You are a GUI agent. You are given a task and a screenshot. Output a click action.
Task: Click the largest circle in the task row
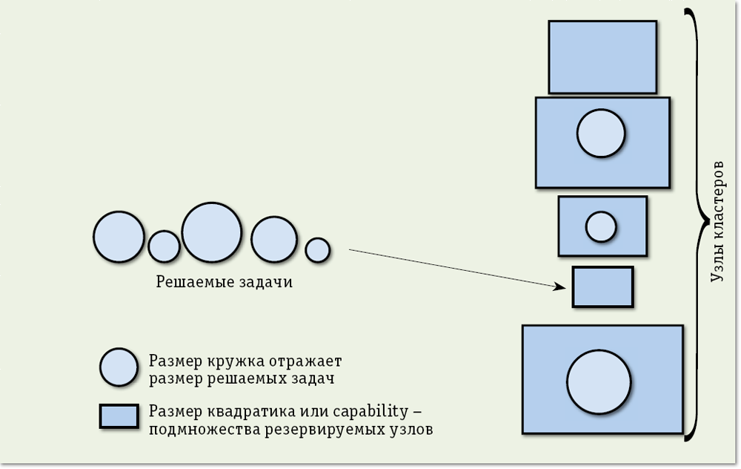pos(212,232)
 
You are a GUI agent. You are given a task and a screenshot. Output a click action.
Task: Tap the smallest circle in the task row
pos(317,249)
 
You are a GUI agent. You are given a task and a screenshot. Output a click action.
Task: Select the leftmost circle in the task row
pos(119,237)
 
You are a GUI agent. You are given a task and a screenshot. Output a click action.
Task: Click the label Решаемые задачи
pos(224,283)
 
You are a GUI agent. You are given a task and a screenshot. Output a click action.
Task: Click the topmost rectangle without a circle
pos(602,57)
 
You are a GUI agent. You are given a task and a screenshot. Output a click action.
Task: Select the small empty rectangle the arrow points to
pos(602,287)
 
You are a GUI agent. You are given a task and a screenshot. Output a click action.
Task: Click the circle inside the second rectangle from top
pos(601,133)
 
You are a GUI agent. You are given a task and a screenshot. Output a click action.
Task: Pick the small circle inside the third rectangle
pos(601,226)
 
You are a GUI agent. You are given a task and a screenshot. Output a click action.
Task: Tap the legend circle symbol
pos(119,367)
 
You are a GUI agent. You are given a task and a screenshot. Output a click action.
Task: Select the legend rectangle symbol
pos(119,416)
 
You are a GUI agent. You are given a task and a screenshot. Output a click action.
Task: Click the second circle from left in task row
pos(164,246)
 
